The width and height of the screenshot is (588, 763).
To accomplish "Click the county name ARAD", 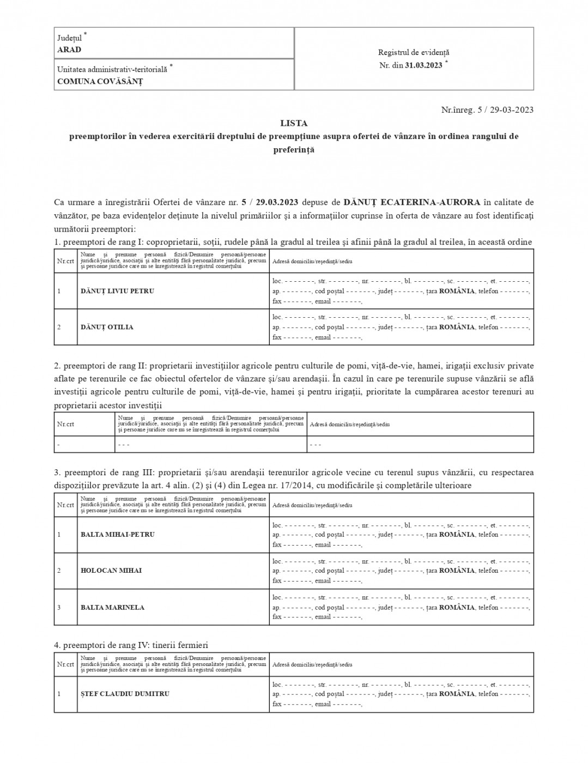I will click(69, 50).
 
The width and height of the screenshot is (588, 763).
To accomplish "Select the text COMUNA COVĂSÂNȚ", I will click(100, 82).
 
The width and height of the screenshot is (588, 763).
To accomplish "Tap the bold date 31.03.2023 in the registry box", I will click(423, 65).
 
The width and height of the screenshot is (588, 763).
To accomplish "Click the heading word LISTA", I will click(294, 123).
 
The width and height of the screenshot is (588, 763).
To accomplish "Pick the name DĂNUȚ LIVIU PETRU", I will click(117, 291).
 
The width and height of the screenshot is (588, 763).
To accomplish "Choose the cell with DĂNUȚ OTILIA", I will click(107, 327).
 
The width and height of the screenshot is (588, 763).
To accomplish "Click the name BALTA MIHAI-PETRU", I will click(118, 535).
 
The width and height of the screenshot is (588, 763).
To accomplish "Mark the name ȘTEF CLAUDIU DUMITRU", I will click(125, 694).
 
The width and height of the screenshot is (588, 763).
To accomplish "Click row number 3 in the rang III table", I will click(59, 607).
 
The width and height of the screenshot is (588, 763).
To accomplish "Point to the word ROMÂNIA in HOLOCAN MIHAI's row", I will click(457, 571).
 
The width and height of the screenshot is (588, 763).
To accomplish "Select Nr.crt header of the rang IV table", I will click(65, 664).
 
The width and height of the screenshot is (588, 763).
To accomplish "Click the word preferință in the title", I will click(294, 149).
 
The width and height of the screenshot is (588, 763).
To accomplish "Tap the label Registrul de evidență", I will click(414, 52).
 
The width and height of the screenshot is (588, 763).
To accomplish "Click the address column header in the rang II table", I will click(349, 424).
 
